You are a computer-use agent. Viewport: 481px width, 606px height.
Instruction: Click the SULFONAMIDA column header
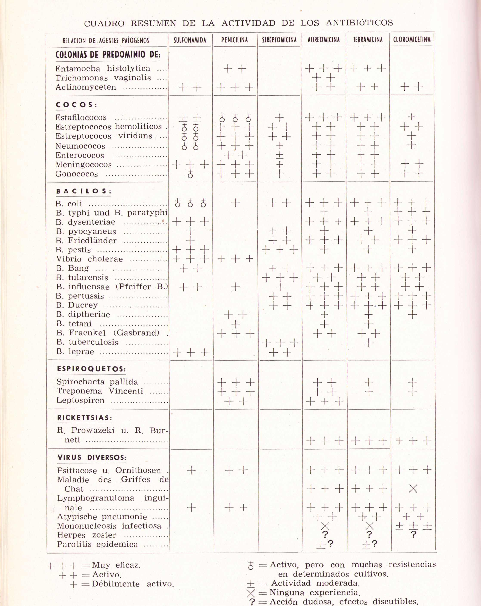(x=190, y=40)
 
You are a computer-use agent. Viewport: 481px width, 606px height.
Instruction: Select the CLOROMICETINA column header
(x=412, y=40)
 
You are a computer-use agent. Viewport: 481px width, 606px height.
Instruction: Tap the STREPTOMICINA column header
(x=279, y=40)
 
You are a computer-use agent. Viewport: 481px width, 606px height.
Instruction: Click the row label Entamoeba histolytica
(x=103, y=69)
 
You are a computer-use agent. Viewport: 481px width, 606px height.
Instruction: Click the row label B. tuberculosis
(x=87, y=342)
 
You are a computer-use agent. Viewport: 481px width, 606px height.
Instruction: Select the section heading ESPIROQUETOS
(x=91, y=369)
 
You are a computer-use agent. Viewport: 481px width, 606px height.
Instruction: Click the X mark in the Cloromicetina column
(x=413, y=489)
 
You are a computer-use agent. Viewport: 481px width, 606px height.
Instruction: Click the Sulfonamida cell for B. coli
(x=190, y=203)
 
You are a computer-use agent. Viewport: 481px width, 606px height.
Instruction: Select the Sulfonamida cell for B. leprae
(x=191, y=352)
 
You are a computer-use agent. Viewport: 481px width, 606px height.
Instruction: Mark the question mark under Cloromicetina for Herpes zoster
(x=413, y=534)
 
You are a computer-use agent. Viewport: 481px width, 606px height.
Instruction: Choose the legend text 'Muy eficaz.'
(x=116, y=565)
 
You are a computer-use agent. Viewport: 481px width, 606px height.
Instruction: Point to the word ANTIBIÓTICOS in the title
(x=359, y=23)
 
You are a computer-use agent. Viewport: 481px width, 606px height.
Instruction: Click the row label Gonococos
(x=77, y=174)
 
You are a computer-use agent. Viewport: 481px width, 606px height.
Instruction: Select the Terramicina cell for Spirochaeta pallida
(x=368, y=382)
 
